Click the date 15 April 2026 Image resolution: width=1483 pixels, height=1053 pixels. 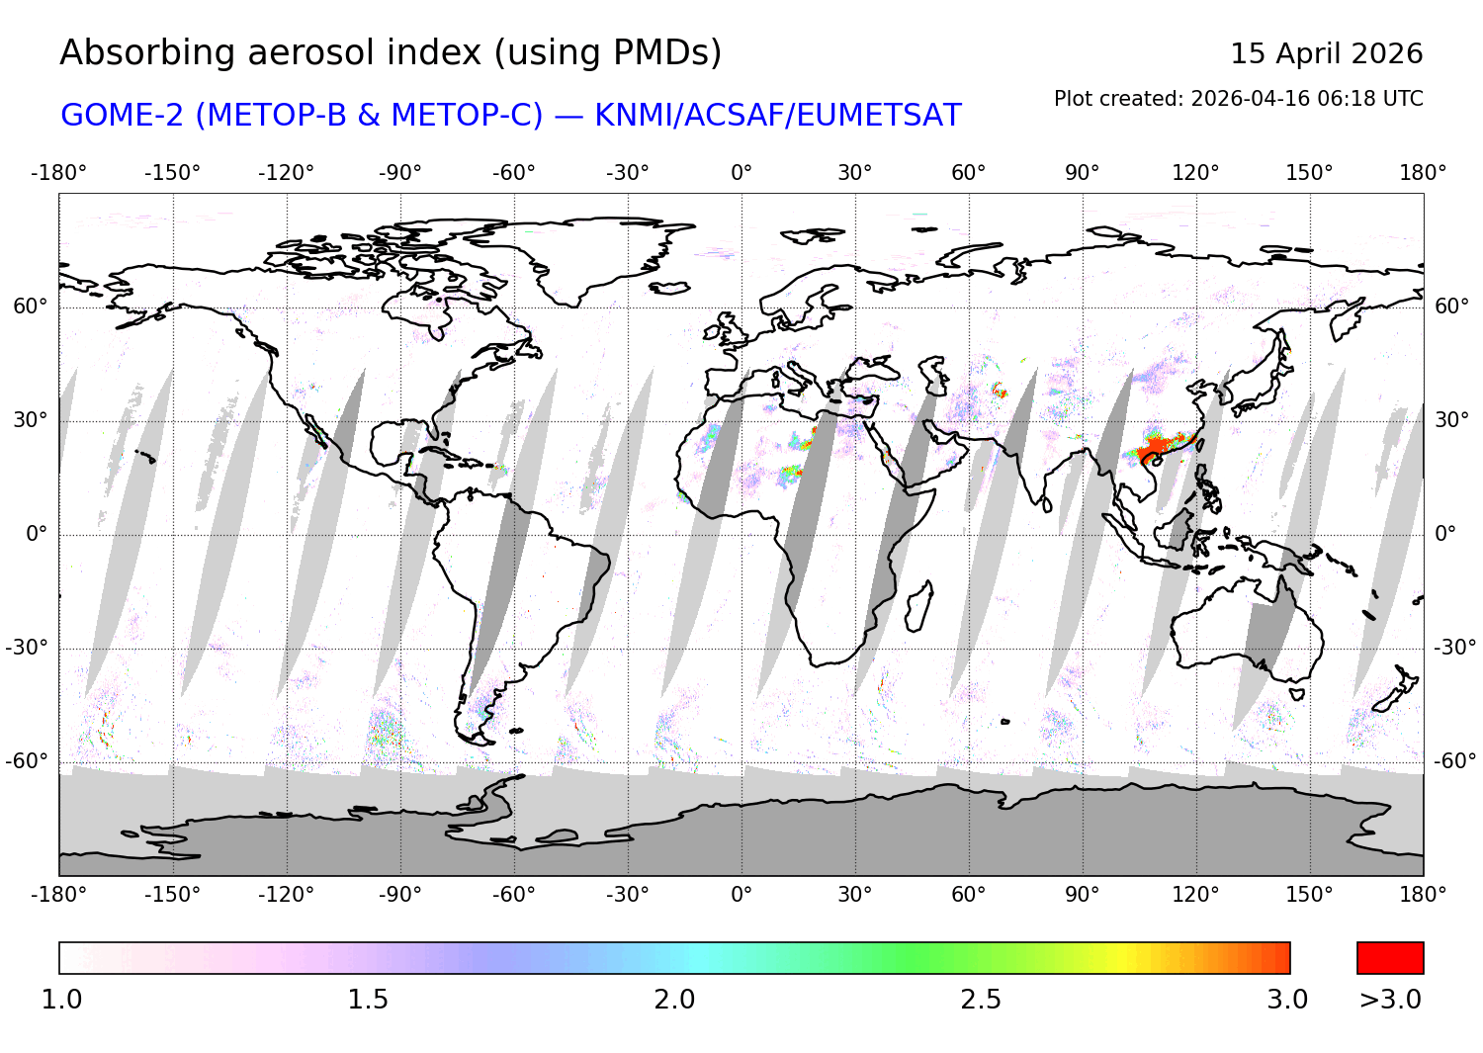(1326, 53)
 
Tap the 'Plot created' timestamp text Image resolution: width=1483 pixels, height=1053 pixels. (1238, 99)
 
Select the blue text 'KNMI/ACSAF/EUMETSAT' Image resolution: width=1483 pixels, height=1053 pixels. (777, 116)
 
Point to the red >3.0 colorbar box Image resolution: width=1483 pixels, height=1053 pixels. (1390, 958)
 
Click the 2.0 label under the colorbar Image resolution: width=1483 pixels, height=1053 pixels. (674, 1000)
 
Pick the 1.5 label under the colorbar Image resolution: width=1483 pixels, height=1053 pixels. (368, 1000)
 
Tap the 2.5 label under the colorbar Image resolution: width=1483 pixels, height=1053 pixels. (981, 1000)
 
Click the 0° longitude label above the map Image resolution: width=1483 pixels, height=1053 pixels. (741, 173)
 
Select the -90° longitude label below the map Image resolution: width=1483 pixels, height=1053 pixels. (399, 894)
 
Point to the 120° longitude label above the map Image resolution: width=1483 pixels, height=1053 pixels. (1195, 173)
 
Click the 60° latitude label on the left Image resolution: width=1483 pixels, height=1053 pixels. (30, 307)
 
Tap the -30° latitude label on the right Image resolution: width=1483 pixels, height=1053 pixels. (1453, 648)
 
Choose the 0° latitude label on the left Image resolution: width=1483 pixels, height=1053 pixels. (37, 534)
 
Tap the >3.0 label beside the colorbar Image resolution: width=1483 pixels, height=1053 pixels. (1390, 1000)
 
